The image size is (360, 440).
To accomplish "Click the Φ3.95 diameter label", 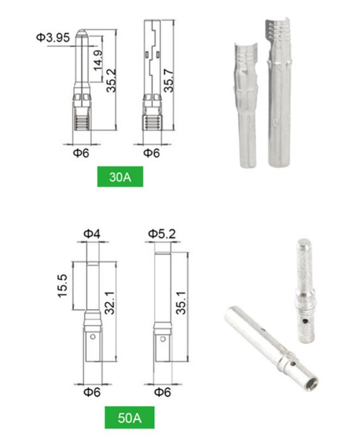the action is (x=53, y=38).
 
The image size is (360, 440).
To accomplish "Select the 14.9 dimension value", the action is (x=98, y=60).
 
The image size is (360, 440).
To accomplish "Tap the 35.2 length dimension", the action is (x=111, y=81).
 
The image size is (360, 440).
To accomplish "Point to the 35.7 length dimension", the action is (x=169, y=81).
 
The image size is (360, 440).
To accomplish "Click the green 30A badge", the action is (x=120, y=176).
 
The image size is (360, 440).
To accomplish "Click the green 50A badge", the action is (x=130, y=418).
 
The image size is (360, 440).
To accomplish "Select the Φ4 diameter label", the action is (x=92, y=234).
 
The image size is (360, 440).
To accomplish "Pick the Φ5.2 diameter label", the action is (x=162, y=234).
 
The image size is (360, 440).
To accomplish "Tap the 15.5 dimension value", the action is (x=62, y=286).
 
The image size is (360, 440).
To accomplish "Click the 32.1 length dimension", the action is (x=109, y=303).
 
